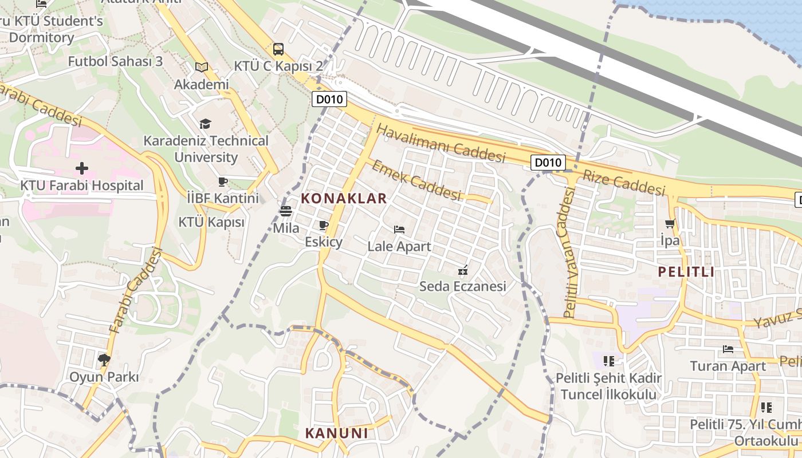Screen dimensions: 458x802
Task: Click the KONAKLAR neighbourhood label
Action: coord(344,199)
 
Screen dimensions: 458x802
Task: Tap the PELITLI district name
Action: coord(686,272)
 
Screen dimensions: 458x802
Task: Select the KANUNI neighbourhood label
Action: coord(337,433)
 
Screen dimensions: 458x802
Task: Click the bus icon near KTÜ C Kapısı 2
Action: coord(278,49)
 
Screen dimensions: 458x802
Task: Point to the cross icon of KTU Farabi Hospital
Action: coord(82,168)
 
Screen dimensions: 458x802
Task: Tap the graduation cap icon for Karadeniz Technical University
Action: coord(205,124)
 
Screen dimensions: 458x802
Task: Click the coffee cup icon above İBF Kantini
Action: coord(223,182)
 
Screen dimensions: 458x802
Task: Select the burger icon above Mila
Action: coord(286,211)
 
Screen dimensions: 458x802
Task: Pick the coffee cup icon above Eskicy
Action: coord(324,225)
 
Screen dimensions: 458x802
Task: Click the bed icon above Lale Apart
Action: coord(399,230)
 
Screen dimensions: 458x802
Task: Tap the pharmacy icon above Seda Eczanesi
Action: coord(463,270)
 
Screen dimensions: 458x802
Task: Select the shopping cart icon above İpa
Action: coord(670,223)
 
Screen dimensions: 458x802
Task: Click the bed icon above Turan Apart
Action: coord(728,349)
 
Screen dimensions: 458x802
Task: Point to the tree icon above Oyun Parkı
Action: coord(104,360)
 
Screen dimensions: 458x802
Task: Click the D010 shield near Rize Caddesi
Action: coord(548,163)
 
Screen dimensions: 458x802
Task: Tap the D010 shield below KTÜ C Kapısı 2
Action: coord(329,100)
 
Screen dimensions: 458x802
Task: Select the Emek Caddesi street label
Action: coord(416,180)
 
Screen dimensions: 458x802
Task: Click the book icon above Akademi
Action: coord(201,68)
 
